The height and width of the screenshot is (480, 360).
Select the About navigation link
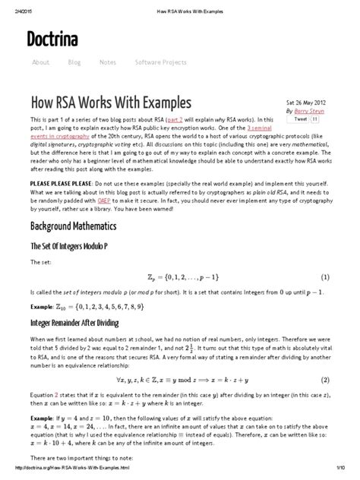41,62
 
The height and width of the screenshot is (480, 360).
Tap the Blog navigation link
74,62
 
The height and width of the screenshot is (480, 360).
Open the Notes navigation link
107,62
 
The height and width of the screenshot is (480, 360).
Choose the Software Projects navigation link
160,62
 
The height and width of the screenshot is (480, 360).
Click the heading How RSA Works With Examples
100,102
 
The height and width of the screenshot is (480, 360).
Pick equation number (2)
324,378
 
